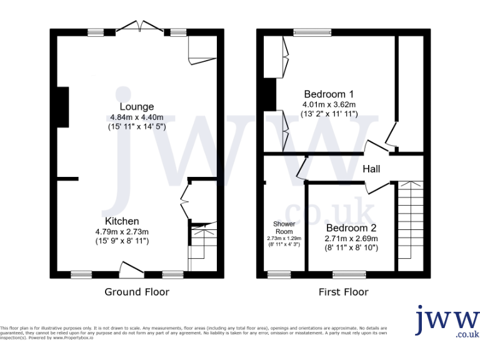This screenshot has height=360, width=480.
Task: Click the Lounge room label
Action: [x=137, y=107]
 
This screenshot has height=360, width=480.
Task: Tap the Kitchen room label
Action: [x=122, y=221]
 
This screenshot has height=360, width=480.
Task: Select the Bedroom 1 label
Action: [x=329, y=94]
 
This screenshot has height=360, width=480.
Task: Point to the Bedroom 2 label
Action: [x=351, y=228]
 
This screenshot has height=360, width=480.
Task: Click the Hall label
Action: [x=371, y=169]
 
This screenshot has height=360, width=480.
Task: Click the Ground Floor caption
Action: [x=136, y=292]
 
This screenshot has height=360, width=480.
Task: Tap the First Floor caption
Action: [x=344, y=292]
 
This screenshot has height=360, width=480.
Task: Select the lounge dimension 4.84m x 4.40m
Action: [x=137, y=117]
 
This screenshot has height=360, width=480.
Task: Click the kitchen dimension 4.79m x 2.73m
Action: [x=122, y=231]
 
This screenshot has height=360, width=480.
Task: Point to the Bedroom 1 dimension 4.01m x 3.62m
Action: [x=329, y=104]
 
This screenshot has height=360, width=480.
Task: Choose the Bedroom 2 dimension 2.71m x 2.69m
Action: [x=351, y=238]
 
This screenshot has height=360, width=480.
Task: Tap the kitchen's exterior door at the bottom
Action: [x=132, y=271]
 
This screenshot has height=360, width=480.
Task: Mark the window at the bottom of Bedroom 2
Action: [x=344, y=274]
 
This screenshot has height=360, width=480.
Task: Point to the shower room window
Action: [x=275, y=274]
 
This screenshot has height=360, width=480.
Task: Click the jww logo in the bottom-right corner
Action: [x=447, y=321]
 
